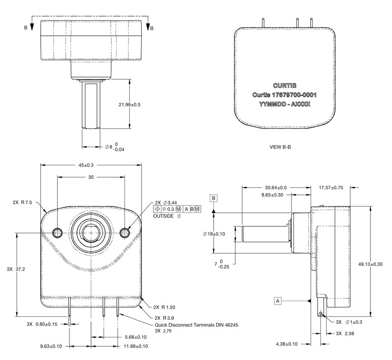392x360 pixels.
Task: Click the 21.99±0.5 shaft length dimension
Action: (129, 105)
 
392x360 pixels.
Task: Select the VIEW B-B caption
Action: (281, 147)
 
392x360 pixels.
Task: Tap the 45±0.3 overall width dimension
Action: (91, 165)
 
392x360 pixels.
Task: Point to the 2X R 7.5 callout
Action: (23, 202)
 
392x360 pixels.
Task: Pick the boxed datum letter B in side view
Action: (214, 198)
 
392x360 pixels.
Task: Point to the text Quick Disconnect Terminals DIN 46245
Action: (196, 325)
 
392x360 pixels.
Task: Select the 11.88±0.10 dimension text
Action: (135, 347)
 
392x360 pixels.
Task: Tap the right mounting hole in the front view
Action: (125, 231)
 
